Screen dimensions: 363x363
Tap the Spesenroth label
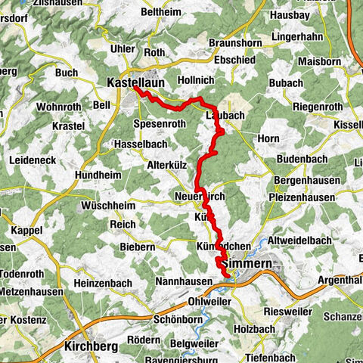point(159,123)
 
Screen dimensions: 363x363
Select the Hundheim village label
point(97,175)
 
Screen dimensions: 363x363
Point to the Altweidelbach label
point(316,240)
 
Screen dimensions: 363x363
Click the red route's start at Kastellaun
point(135,88)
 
